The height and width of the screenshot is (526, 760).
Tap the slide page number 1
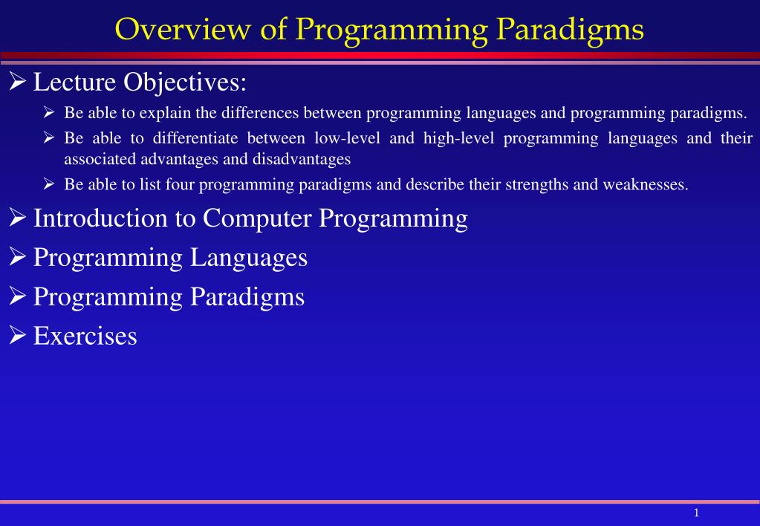[697, 513]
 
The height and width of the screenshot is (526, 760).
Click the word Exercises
[85, 336]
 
